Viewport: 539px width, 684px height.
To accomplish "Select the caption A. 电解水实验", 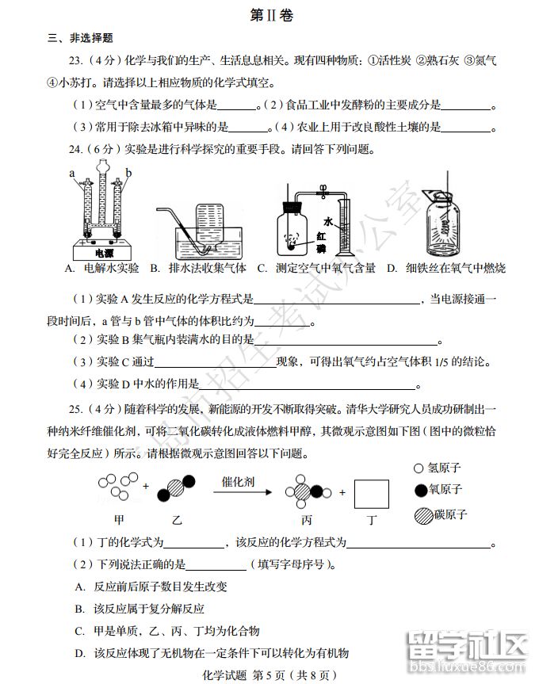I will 101,269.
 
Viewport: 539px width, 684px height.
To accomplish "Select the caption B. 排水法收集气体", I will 197,269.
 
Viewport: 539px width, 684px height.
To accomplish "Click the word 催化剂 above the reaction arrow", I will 239,481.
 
